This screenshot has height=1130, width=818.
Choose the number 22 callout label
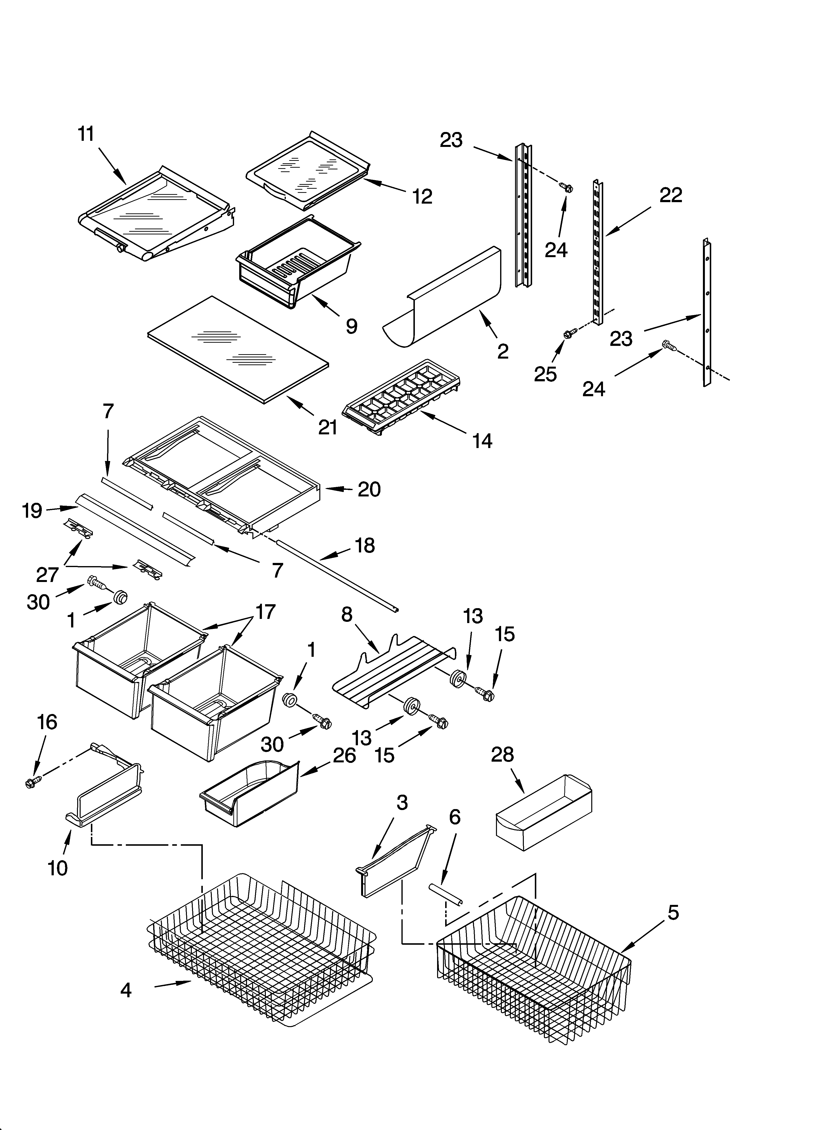pyautogui.click(x=670, y=195)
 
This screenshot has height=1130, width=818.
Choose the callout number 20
pyautogui.click(x=369, y=490)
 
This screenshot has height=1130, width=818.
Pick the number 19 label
pyautogui.click(x=32, y=511)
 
